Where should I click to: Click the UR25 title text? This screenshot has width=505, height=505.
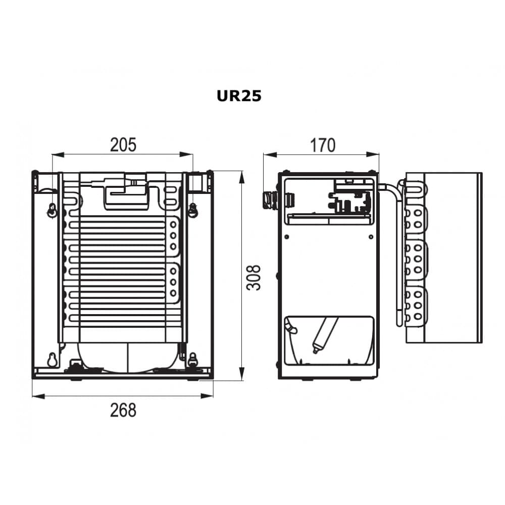coord(239,96)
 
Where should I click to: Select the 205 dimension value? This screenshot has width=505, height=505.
coord(123,145)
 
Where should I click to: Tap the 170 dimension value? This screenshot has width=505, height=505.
coord(322,145)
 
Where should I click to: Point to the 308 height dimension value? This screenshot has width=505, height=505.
coord(254,278)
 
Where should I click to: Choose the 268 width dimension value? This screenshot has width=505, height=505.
coord(123,410)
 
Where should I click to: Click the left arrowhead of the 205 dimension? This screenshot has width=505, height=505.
coord(58,155)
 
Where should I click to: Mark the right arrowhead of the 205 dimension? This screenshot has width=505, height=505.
coord(186,155)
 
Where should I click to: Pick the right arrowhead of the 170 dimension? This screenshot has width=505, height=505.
coord(373,155)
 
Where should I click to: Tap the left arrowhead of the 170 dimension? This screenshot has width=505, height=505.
coord(270,155)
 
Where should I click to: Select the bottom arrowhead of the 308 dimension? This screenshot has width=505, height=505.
coord(241,374)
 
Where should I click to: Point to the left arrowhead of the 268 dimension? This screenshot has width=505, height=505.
coord(39,396)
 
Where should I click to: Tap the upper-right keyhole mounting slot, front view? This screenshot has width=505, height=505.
coord(192,210)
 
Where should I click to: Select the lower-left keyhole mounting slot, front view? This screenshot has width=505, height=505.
coord(52,360)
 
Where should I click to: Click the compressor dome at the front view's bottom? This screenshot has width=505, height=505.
coord(128,357)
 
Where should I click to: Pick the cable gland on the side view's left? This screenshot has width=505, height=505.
coord(269,199)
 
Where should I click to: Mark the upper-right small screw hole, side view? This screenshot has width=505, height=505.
coord(371,237)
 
